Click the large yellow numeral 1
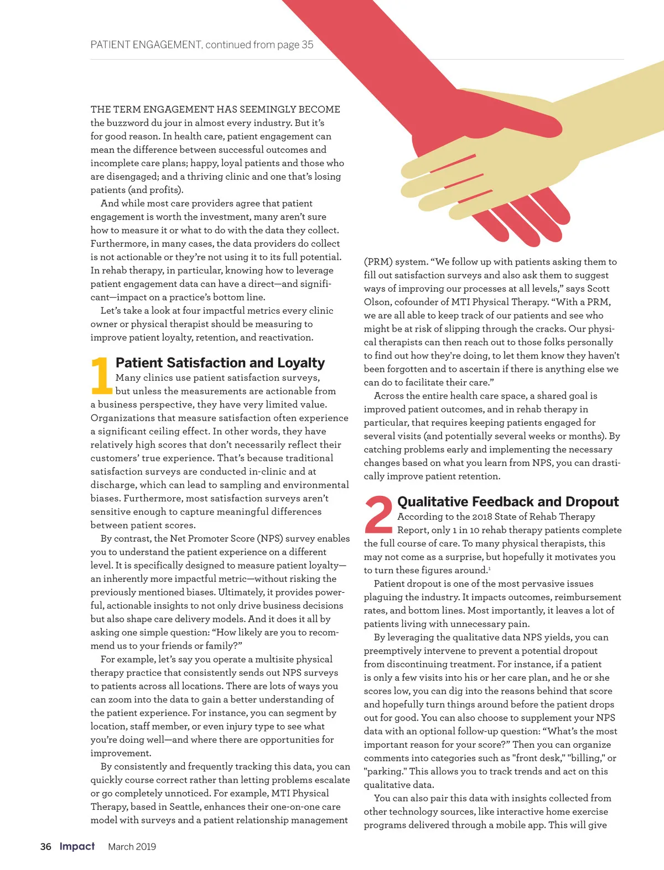pyautogui.click(x=101, y=376)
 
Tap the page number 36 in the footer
pyautogui.click(x=46, y=846)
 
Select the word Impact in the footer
pyautogui.click(x=77, y=846)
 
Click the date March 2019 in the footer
pyautogui.click(x=132, y=847)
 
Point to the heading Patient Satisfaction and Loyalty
pyautogui.click(x=220, y=362)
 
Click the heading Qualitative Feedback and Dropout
pyautogui.click(x=507, y=501)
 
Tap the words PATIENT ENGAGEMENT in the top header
pyautogui.click(x=146, y=45)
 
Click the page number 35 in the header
pyautogui.click(x=307, y=45)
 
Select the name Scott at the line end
pyautogui.click(x=598, y=288)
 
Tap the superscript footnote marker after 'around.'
pyautogui.click(x=489, y=568)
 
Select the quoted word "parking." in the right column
pyautogui.click(x=384, y=771)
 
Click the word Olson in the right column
pyautogui.click(x=376, y=302)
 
